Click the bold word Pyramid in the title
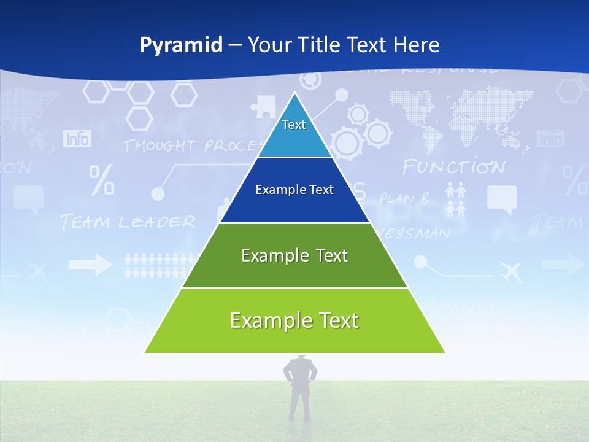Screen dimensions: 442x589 click(x=181, y=45)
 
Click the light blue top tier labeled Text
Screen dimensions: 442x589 click(x=294, y=129)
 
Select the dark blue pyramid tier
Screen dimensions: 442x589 click(x=294, y=190)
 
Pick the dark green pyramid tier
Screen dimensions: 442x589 click(x=294, y=255)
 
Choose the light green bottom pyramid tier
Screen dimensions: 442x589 click(x=294, y=321)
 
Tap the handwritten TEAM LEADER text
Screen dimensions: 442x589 click(x=128, y=222)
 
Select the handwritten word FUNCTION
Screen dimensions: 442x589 click(x=453, y=167)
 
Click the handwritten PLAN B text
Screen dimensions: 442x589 click(x=404, y=198)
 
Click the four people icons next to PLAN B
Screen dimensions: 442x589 click(x=455, y=200)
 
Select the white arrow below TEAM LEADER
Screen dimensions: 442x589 click(x=90, y=265)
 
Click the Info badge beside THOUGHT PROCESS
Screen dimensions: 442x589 click(x=77, y=139)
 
